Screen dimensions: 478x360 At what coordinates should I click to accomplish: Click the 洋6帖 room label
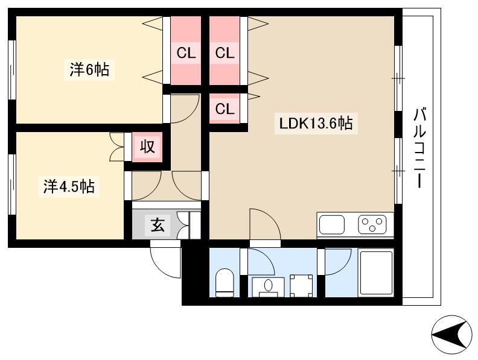click(x=89, y=70)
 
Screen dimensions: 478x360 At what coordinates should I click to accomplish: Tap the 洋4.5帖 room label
click(x=69, y=186)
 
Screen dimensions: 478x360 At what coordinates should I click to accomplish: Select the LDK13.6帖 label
click(x=316, y=124)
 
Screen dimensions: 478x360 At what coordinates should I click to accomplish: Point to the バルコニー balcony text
click(x=420, y=147)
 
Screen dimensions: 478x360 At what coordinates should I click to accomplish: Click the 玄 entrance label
click(x=158, y=226)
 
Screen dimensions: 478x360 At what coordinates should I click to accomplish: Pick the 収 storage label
click(x=147, y=147)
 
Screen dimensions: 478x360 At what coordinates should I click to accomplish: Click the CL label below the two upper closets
click(x=225, y=109)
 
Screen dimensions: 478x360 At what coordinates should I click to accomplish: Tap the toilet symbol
click(x=225, y=282)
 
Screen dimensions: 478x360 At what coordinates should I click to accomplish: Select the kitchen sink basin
click(x=332, y=225)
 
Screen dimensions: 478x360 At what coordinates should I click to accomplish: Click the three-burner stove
click(x=372, y=224)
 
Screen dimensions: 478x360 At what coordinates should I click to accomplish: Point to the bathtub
click(x=376, y=273)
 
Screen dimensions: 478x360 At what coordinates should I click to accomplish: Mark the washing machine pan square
click(x=301, y=286)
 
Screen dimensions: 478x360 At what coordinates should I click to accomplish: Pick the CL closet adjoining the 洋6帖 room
click(x=186, y=51)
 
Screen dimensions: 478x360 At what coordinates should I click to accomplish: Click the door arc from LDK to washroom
click(x=272, y=217)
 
